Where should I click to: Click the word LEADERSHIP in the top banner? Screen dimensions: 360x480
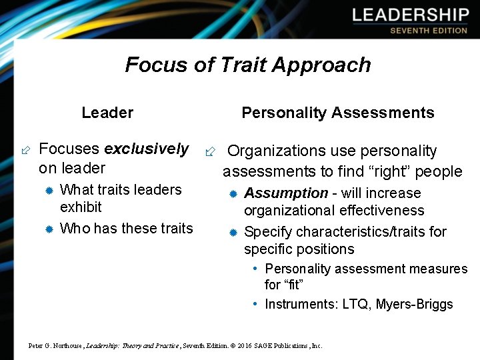(x=411, y=15)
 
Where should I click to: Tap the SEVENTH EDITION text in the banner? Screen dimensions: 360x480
(x=429, y=31)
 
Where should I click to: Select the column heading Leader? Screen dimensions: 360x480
(x=107, y=113)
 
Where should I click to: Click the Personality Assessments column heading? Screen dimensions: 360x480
(x=337, y=113)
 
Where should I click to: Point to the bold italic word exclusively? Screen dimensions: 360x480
(x=147, y=149)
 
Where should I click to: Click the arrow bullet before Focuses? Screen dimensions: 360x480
(x=25, y=150)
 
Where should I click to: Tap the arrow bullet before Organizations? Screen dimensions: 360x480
(x=210, y=152)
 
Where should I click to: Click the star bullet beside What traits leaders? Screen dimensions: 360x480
(x=49, y=191)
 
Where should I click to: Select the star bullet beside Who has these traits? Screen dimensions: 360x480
(x=49, y=229)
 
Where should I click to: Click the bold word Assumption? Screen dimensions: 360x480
(x=286, y=193)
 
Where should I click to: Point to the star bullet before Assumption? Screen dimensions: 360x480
(x=233, y=194)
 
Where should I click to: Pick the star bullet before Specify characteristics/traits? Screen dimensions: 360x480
(x=233, y=233)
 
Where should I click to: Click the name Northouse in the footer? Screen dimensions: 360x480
(x=64, y=346)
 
